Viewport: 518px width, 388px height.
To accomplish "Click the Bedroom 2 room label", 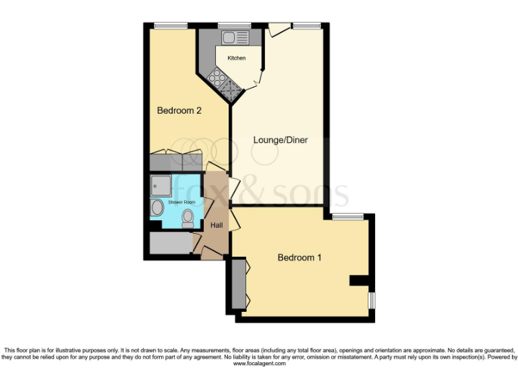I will [179, 110].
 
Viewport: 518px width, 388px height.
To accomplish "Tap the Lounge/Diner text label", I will [281, 140].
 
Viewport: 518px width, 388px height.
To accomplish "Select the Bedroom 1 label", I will [300, 257].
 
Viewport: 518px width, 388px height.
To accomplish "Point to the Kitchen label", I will [236, 58].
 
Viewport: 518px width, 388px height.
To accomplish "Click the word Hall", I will [217, 225].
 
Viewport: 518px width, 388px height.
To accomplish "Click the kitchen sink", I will [233, 36].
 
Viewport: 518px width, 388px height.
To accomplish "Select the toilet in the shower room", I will [188, 217].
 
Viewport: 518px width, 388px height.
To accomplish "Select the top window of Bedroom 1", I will [348, 216].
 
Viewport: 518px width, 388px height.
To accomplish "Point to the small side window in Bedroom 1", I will [370, 300].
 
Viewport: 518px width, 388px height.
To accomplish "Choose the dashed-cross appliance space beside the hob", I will [231, 89].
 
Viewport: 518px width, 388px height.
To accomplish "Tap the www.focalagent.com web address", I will [259, 363].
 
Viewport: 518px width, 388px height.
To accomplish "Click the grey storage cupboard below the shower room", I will [169, 244].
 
